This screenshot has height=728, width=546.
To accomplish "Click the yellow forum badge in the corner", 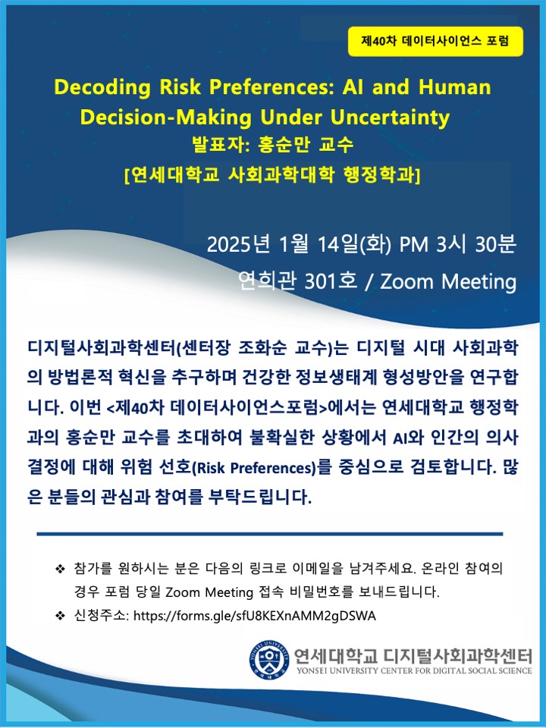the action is (x=435, y=41).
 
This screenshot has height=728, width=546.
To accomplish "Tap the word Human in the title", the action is (x=454, y=86).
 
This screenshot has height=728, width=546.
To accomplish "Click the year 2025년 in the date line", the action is (x=238, y=245).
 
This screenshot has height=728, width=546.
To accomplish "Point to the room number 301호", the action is (x=331, y=281).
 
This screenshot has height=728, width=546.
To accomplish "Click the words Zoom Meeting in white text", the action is (x=448, y=282).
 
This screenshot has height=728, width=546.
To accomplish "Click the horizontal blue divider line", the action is (x=270, y=534).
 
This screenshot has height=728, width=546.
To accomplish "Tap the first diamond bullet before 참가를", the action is (x=60, y=568).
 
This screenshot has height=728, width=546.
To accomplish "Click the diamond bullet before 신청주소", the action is (x=60, y=616).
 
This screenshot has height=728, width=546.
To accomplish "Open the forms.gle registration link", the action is (x=255, y=616).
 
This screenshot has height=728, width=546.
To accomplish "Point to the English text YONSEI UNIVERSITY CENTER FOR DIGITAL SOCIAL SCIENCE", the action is (x=414, y=670).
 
